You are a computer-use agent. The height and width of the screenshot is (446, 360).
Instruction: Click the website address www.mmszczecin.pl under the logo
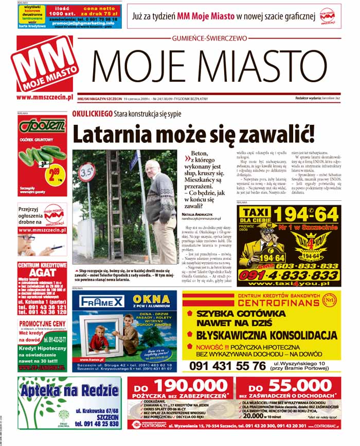pos(46,97)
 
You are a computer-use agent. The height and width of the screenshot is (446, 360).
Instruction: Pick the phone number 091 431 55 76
pos(226,365)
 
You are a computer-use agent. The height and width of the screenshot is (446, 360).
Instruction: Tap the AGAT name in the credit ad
pos(42,273)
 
